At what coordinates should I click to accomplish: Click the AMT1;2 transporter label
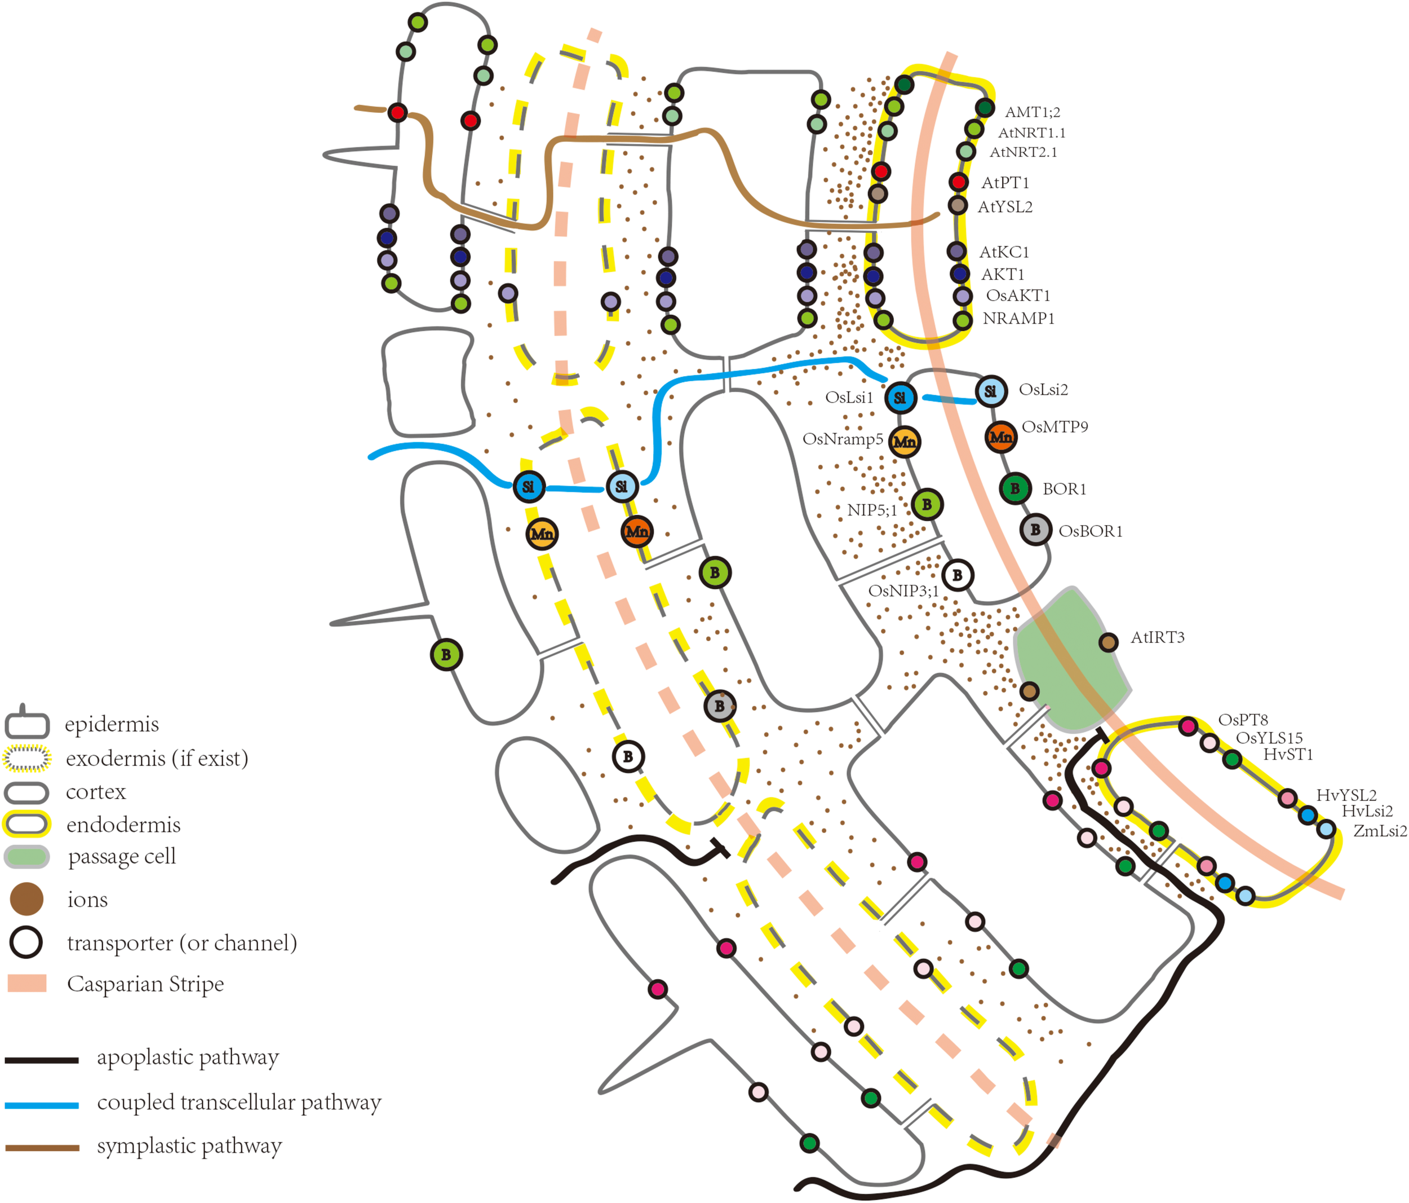[x=1033, y=112]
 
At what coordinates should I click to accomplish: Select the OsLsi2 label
[x=1043, y=390]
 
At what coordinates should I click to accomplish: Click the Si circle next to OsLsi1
[x=900, y=398]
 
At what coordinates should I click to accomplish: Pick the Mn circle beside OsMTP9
[x=1001, y=436]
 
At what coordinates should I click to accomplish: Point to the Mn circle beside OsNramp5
[x=905, y=442]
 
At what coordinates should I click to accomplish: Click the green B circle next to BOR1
[x=1015, y=488]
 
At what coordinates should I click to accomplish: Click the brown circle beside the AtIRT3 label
[x=1109, y=642]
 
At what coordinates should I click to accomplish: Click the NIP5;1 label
[x=872, y=510]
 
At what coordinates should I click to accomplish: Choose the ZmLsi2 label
[x=1380, y=831]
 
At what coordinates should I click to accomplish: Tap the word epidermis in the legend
[x=112, y=725]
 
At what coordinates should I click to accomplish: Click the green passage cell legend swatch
[x=26, y=857]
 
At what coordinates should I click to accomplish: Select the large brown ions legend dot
[x=26, y=899]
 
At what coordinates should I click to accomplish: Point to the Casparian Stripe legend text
[x=145, y=984]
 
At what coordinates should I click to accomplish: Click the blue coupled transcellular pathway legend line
[x=42, y=1105]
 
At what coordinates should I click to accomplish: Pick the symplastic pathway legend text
[x=189, y=1147]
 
